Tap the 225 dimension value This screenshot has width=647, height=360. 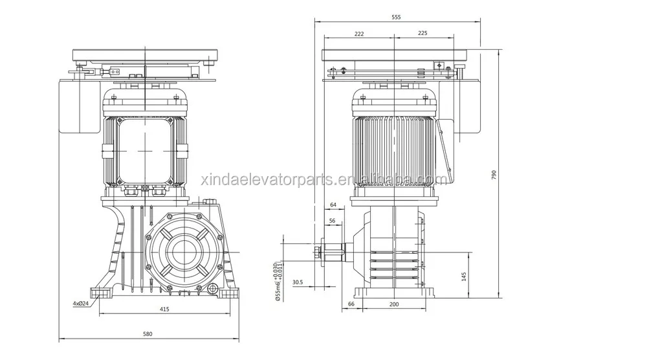click(x=422, y=33)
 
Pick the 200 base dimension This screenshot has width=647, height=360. click(x=394, y=304)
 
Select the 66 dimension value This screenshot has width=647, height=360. click(x=351, y=304)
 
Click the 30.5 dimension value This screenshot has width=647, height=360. click(x=298, y=282)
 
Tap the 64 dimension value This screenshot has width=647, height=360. click(x=333, y=205)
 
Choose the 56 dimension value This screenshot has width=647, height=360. click(x=332, y=221)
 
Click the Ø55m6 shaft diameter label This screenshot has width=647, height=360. click(x=277, y=282)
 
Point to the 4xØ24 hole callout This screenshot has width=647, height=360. click(x=82, y=303)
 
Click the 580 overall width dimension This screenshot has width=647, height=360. click(x=148, y=334)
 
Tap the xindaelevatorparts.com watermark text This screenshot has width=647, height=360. click(x=323, y=179)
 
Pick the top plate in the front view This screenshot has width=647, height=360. click(x=147, y=52)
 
